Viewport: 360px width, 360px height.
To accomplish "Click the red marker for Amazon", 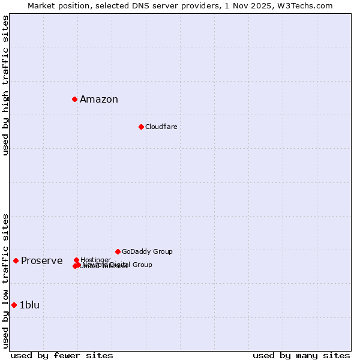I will [74, 99].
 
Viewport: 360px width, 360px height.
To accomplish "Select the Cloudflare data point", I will [141, 127].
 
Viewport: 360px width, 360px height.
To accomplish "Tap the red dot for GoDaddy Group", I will [118, 251].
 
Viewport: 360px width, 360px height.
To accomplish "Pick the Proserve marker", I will [16, 260].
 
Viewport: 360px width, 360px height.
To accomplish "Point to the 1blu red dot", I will [14, 305].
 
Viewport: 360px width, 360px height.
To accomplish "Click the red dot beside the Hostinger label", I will [76, 260].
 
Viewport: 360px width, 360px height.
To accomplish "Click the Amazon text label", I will [99, 100].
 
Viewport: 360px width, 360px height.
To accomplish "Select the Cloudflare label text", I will [161, 127].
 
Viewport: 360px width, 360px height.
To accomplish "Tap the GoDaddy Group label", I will [147, 251].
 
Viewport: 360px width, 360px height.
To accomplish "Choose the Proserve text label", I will [41, 260].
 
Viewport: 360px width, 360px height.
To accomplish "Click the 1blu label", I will [29, 305].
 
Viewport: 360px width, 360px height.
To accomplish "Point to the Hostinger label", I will [95, 259].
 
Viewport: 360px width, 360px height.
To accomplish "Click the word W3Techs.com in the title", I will [308, 5].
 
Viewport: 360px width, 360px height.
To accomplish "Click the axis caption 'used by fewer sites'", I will [62, 355].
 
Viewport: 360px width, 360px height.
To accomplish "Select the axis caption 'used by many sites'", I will [301, 355].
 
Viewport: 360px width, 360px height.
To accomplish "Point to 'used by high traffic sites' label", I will [5, 85].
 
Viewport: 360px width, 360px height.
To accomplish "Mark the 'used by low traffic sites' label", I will [5, 281].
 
